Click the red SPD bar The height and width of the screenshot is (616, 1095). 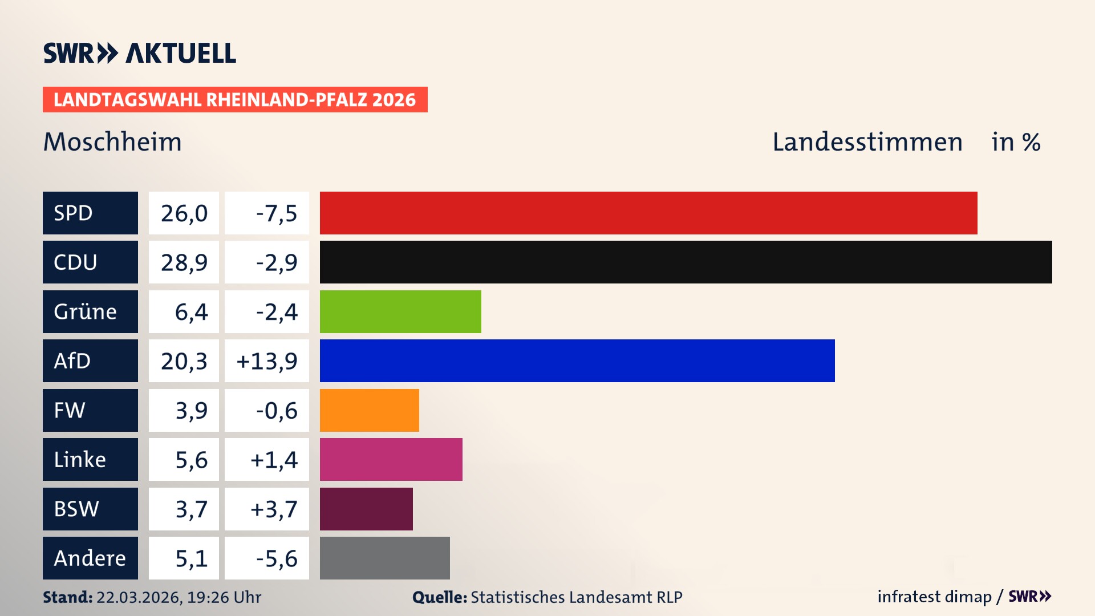[648, 213]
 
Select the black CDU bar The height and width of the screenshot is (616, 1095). [686, 262]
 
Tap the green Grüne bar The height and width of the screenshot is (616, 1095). [400, 311]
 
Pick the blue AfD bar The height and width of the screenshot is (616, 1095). [577, 360]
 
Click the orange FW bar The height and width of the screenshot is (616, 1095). [369, 410]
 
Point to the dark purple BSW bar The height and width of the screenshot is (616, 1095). [366, 509]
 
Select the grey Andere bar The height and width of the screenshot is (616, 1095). [384, 558]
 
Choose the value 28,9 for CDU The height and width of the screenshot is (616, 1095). [184, 262]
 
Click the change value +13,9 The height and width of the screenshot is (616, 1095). [267, 361]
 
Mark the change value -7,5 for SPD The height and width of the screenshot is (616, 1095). [276, 213]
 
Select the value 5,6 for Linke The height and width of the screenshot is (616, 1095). [191, 460]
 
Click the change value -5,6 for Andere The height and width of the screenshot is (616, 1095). [276, 558]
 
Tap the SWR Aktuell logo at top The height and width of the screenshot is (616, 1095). [139, 53]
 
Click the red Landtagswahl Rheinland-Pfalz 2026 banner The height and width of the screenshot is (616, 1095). [234, 100]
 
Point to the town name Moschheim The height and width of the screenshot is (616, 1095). [112, 141]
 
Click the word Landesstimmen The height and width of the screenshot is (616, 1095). [867, 141]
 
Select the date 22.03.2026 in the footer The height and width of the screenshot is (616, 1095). [139, 597]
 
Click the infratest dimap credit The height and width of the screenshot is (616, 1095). [934, 597]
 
